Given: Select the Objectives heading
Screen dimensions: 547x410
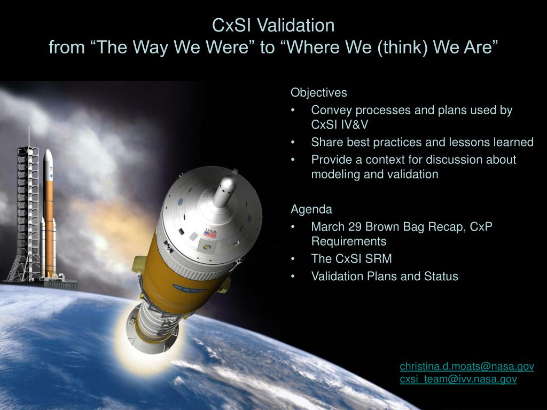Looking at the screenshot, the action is point(319,93).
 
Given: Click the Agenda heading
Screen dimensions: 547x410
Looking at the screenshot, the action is point(311,209).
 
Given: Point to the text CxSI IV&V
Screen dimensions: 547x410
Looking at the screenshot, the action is point(339,125).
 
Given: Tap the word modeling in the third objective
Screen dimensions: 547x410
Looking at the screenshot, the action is point(335,174).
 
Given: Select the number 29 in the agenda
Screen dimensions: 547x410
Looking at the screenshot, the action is point(355,226).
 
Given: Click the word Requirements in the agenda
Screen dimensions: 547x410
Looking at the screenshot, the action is point(348,241).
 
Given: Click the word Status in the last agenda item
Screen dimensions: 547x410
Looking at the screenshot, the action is point(441,276).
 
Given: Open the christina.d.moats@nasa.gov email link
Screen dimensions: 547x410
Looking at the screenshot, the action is point(467,366).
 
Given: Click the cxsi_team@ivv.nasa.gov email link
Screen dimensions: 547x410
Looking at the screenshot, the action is point(458,379).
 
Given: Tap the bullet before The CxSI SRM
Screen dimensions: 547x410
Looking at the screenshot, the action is point(293,259).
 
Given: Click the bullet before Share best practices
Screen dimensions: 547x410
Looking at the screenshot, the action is point(293,143).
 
